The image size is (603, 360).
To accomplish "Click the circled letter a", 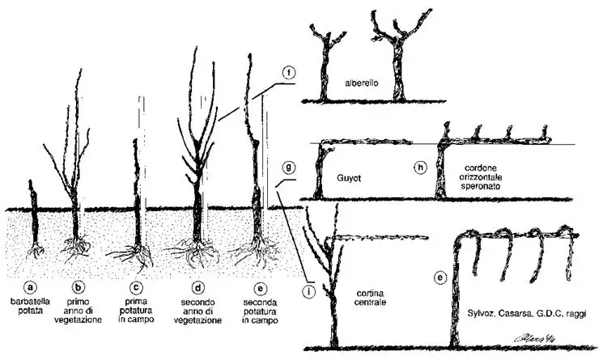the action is click(x=31, y=287).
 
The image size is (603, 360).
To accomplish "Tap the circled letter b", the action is click(x=79, y=287).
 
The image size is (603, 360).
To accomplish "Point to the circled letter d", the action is click(x=198, y=288).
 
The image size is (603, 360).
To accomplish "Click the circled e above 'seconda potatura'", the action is click(x=261, y=289).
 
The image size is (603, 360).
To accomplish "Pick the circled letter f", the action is click(x=289, y=72).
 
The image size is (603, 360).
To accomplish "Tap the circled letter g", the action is click(x=289, y=167).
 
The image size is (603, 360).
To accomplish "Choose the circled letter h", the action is click(x=421, y=167).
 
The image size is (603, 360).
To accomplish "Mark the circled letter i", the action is click(x=308, y=292).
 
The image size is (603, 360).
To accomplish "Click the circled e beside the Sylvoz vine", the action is click(x=440, y=277).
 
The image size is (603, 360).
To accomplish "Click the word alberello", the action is click(x=362, y=83).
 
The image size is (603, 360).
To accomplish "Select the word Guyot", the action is click(x=349, y=178).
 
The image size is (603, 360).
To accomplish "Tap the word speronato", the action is click(x=480, y=187).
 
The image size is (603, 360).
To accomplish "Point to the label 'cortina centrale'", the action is click(x=370, y=298).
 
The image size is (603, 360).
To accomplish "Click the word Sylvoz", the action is click(x=481, y=314).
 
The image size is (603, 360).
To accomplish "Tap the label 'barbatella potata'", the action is click(x=31, y=306).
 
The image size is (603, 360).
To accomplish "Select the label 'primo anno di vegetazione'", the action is click(x=79, y=311).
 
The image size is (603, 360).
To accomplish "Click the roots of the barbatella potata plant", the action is click(x=36, y=250).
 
